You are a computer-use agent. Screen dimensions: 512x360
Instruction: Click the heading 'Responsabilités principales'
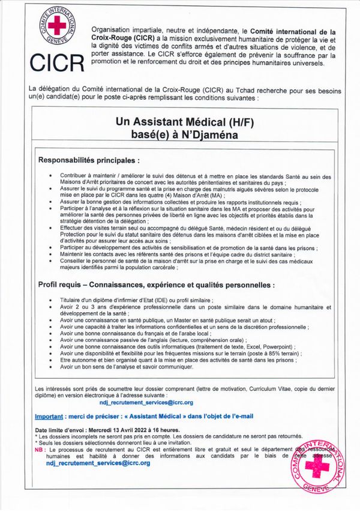pyautogui.click(x=89, y=161)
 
